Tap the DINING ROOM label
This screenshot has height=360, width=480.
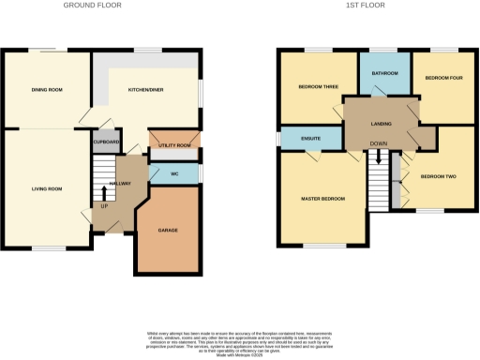pyautogui.click(x=47, y=89)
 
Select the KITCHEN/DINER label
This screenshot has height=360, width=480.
pyautogui.click(x=145, y=89)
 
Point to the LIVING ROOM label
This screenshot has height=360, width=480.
pyautogui.click(x=46, y=189)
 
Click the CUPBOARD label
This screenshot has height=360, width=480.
pyautogui.click(x=105, y=142)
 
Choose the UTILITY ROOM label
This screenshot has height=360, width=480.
pyautogui.click(x=175, y=145)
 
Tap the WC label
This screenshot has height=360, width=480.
pyautogui.click(x=175, y=173)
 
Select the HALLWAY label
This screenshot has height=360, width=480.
pyautogui.click(x=120, y=184)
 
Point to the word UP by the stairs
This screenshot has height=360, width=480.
pyautogui.click(x=105, y=205)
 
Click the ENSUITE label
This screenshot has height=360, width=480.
pyautogui.click(x=311, y=139)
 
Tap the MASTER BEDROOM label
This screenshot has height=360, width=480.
pyautogui.click(x=323, y=199)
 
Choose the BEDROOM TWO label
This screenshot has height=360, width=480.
pyautogui.click(x=438, y=176)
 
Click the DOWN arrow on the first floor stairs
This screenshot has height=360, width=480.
pyautogui.click(x=379, y=157)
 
